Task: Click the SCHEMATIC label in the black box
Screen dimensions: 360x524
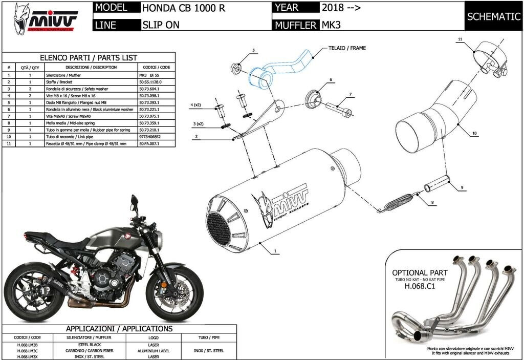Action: coord(493,16)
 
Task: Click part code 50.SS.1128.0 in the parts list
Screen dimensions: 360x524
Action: coord(153,82)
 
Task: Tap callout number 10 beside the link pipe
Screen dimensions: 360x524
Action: coord(474,134)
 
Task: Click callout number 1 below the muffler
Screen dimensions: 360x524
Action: coord(275,251)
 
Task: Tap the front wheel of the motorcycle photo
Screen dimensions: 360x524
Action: coord(174,294)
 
